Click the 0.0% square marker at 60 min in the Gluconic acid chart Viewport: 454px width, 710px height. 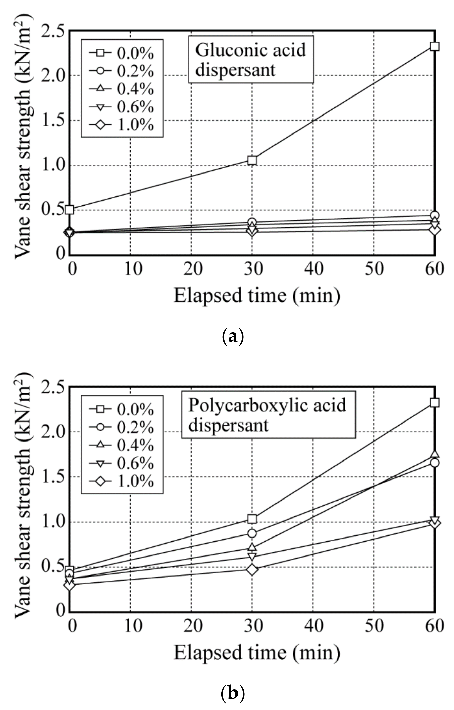pyautogui.click(x=435, y=46)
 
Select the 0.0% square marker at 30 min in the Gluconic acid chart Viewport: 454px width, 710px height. pyautogui.click(x=252, y=160)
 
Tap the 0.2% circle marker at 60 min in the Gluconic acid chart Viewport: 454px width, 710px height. pyautogui.click(x=435, y=215)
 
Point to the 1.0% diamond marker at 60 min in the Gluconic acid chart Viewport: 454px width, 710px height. pyautogui.click(x=435, y=230)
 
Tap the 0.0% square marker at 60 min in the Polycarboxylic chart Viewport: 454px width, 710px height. pyautogui.click(x=435, y=402)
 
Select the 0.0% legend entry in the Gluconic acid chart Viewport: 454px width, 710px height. pyautogui.click(x=122, y=53)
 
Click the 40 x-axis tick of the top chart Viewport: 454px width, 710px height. pyautogui.click(x=314, y=268)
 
